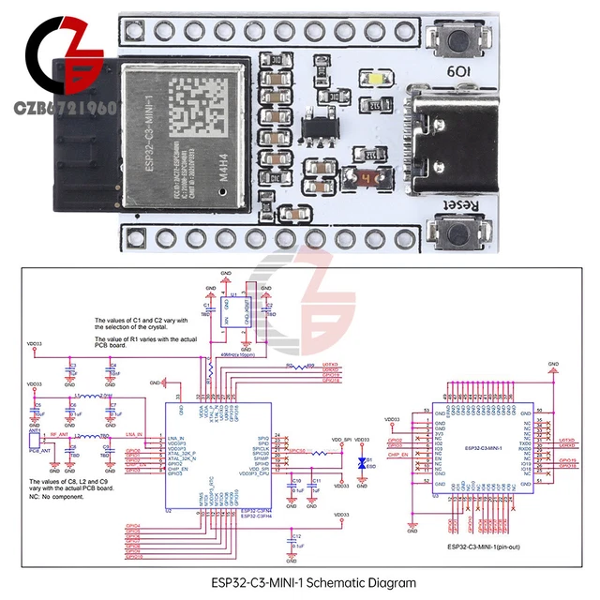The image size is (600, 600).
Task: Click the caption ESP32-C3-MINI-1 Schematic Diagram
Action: [x=313, y=582]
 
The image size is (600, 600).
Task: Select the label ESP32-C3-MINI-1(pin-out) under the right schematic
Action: [x=491, y=546]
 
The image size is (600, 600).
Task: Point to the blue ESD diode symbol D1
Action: [x=362, y=463]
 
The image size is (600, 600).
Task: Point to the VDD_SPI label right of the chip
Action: [x=342, y=440]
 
